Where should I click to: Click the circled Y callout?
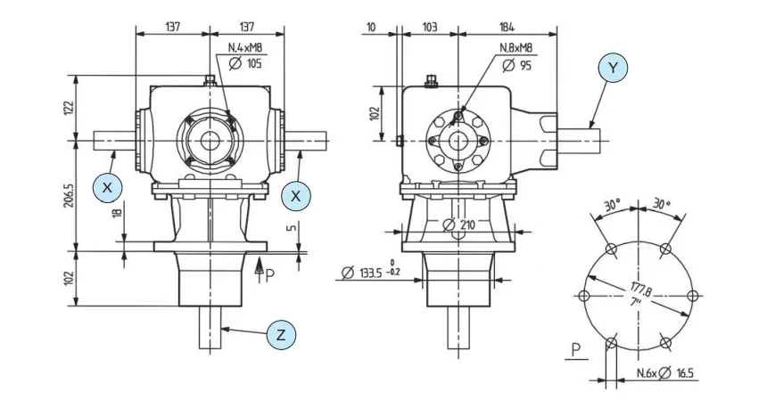click(612, 68)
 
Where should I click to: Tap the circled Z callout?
click(281, 335)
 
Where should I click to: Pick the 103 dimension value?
click(428, 28)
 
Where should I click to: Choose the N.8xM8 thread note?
click(516, 48)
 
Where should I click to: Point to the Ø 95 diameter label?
click(517, 65)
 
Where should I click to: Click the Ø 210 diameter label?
click(460, 224)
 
